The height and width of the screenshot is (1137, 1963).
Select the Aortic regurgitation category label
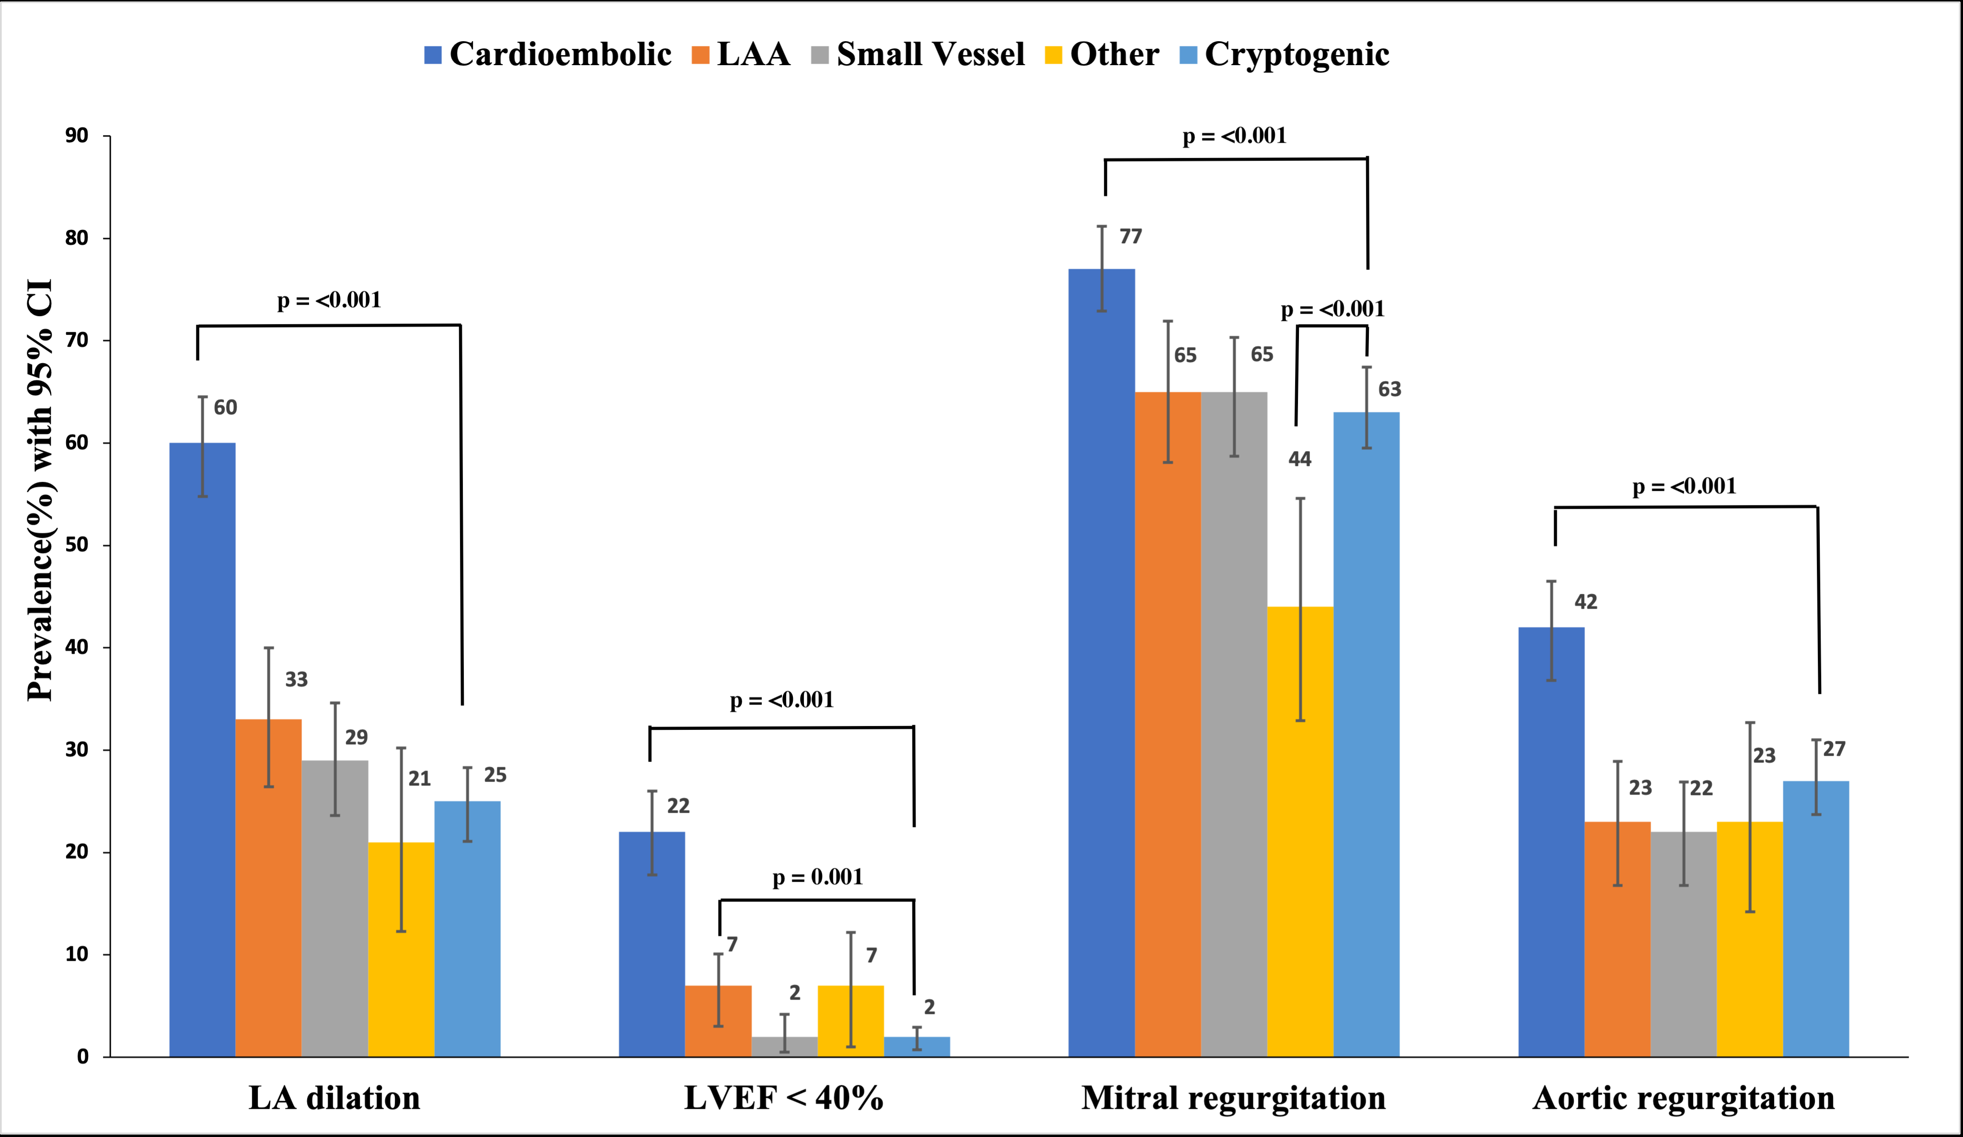tap(1683, 1098)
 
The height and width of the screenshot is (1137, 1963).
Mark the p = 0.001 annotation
tap(818, 878)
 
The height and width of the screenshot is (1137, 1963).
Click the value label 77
tap(1130, 237)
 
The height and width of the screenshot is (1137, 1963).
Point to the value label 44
tap(1299, 459)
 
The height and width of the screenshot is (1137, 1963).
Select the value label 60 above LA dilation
tap(225, 407)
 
